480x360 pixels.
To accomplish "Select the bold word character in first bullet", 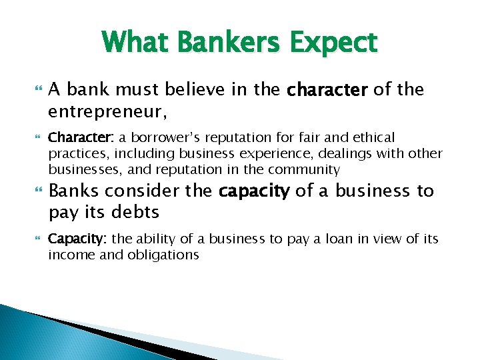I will click(327, 89).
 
